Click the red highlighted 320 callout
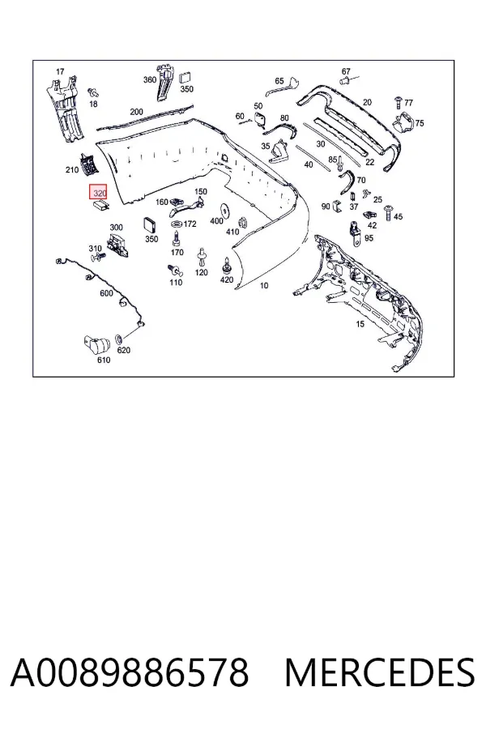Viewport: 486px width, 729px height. click(x=98, y=191)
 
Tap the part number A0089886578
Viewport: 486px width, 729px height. click(x=130, y=673)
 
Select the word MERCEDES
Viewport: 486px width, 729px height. click(x=380, y=673)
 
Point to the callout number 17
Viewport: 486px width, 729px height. click(x=60, y=71)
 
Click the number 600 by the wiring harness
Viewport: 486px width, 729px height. click(x=106, y=293)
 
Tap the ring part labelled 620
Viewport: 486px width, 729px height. click(x=118, y=338)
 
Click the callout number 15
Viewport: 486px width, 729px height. click(x=360, y=324)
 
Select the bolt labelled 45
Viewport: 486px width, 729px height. click(x=387, y=213)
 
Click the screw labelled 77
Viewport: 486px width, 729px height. click(x=398, y=102)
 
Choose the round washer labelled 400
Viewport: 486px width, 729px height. click(x=227, y=211)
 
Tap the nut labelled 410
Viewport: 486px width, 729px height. click(x=242, y=224)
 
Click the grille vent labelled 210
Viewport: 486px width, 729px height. click(x=88, y=164)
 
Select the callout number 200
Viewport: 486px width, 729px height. click(x=137, y=112)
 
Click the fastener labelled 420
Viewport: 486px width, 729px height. click(x=227, y=266)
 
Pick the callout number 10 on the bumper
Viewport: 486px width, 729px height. click(x=264, y=285)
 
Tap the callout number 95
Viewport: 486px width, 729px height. click(x=369, y=238)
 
